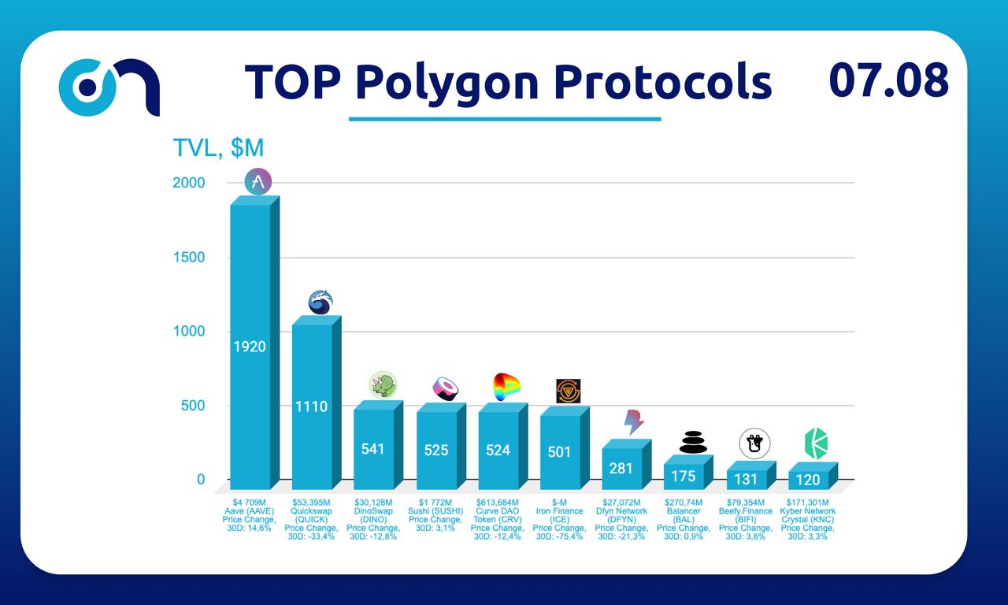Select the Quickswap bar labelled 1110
tap(312, 406)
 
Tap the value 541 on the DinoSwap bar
tap(373, 448)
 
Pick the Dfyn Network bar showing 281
tap(621, 467)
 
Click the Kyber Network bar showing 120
tap(808, 479)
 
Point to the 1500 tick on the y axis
tap(189, 258)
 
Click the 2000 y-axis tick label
tap(189, 183)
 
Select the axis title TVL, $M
tap(218, 147)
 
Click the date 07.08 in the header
tap(888, 80)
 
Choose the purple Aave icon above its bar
tap(258, 183)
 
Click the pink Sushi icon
tap(446, 388)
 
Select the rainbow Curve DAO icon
tap(506, 387)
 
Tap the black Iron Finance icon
tap(569, 391)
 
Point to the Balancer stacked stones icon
tap(694, 442)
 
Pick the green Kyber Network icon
tap(815, 444)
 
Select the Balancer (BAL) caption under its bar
tap(683, 515)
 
